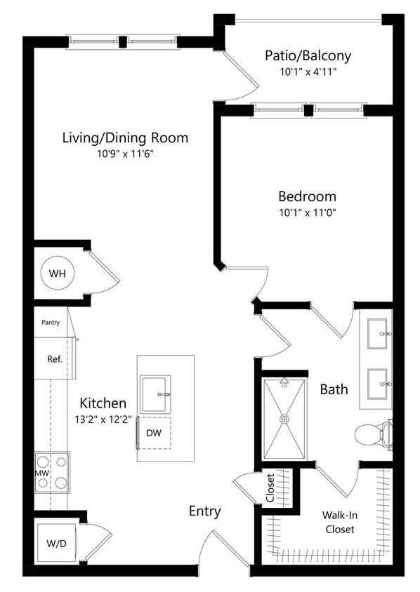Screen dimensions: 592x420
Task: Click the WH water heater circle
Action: tap(58, 273)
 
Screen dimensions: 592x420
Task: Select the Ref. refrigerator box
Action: tap(55, 358)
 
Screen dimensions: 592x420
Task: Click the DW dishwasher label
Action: tap(154, 433)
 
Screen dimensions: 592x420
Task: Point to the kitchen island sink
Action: tap(155, 394)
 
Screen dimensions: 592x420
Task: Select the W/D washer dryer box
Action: tap(55, 543)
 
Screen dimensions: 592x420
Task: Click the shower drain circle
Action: tap(284, 419)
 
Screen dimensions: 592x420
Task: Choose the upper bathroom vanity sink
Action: tap(380, 334)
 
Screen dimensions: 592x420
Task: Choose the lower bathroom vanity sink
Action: tap(380, 383)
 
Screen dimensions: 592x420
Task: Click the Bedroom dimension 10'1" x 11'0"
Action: tap(307, 213)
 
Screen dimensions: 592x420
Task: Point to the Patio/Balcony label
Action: tap(308, 55)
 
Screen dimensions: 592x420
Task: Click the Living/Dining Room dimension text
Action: tap(124, 154)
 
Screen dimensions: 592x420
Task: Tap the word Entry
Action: tap(205, 511)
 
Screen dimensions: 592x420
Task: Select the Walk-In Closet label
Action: tap(339, 523)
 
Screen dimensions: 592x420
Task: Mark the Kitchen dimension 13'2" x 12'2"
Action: tap(103, 419)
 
